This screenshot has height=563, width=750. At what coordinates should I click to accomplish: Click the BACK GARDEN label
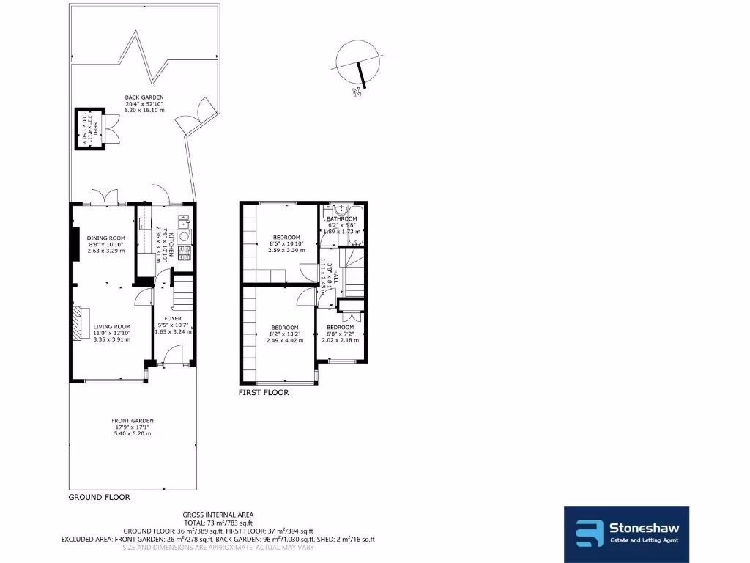144,97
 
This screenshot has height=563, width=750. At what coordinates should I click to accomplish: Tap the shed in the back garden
89,129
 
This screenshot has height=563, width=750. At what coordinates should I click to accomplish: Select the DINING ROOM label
106,238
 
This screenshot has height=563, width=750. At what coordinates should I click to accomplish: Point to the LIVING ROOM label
111,327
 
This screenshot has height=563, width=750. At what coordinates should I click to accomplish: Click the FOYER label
172,318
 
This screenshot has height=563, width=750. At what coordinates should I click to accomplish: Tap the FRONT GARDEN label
133,421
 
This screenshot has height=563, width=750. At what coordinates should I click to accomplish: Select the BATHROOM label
341,219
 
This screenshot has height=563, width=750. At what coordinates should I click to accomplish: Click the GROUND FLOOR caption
99,497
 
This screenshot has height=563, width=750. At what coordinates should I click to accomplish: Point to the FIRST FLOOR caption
264,393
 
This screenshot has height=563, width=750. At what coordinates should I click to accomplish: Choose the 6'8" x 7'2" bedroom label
341,327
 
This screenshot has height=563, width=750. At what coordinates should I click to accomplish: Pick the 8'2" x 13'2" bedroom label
284,328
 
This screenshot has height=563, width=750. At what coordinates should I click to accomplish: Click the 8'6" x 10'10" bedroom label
286,238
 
